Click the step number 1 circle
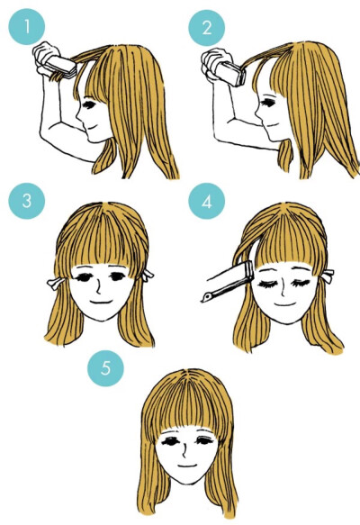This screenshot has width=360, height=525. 27,26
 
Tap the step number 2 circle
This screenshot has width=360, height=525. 207,27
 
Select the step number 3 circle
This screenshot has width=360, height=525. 27,201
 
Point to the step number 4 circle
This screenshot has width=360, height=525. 207,201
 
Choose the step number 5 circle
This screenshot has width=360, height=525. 105,368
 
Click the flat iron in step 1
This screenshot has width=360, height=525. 61,67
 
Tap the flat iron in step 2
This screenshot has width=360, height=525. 230,73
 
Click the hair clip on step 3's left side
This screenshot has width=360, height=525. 56,284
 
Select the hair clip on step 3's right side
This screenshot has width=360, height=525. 148,276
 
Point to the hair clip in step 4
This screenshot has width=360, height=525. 328,276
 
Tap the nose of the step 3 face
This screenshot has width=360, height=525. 98,289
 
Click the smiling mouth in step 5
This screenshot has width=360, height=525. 186,466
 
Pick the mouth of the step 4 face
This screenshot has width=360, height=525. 285,304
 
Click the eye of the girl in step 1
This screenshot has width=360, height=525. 90,104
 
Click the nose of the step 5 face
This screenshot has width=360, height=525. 184,451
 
